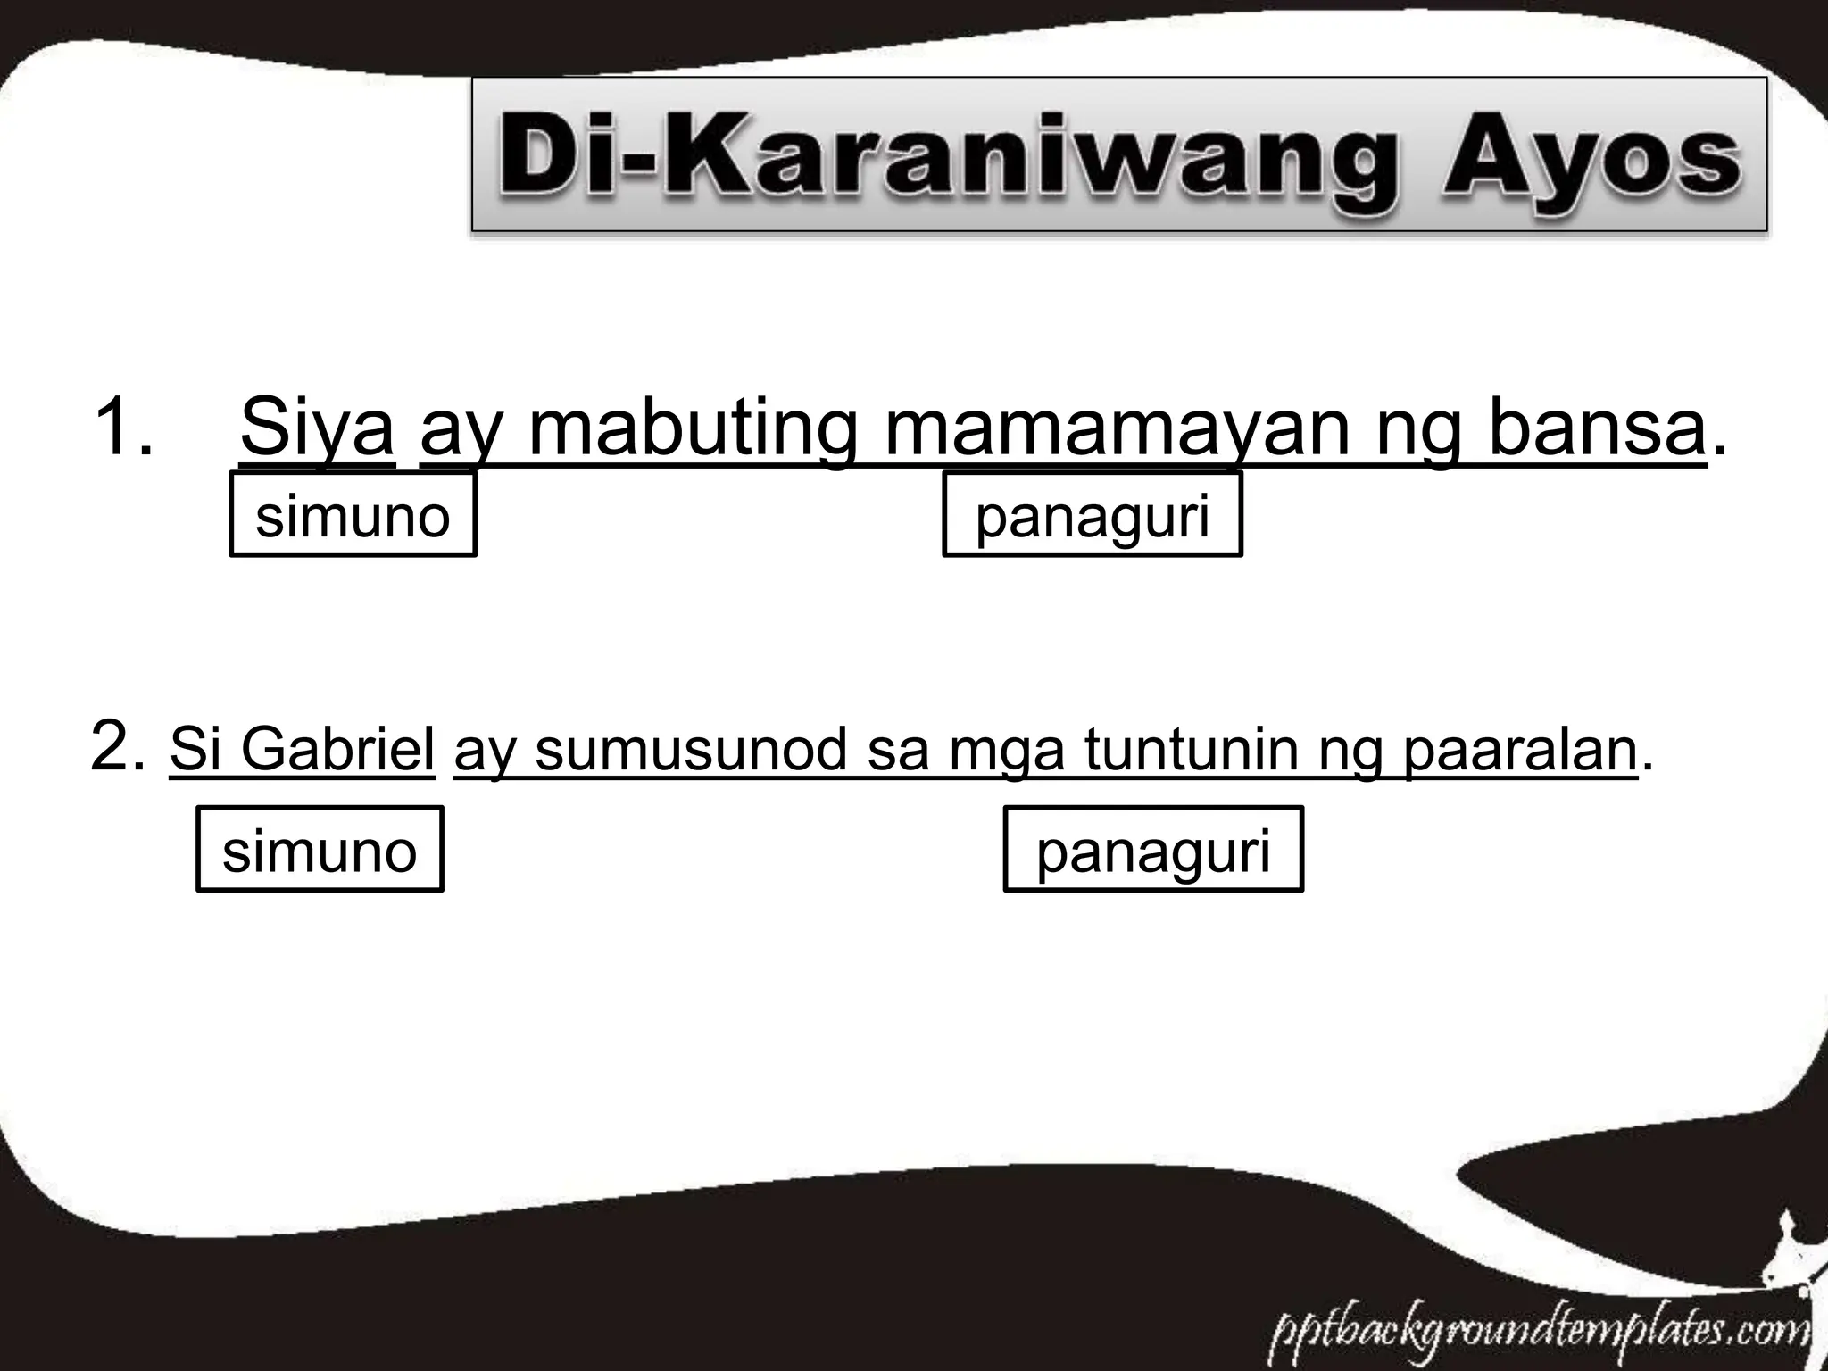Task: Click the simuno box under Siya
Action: coord(353,516)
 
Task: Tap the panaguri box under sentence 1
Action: coord(1093,516)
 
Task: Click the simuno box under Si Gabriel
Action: coord(320,850)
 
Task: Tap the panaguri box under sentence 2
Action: coord(1153,850)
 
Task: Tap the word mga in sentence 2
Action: coord(1006,752)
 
